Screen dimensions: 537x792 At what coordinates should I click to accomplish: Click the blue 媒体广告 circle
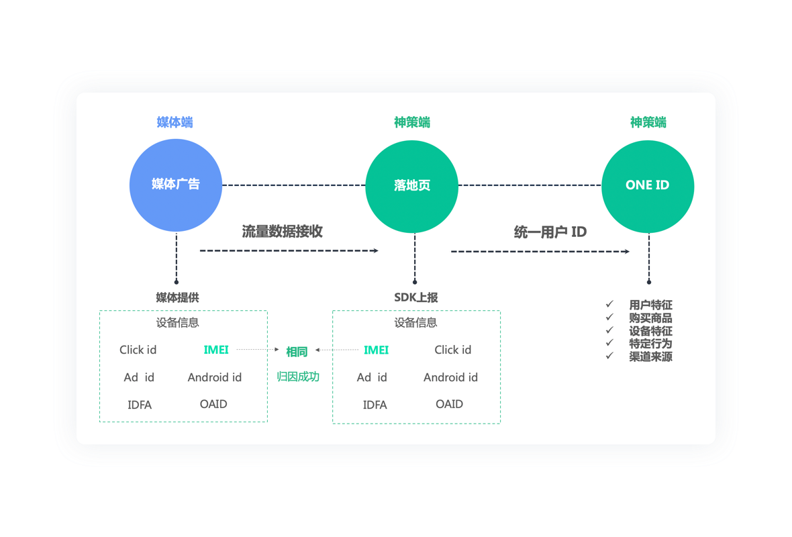[175, 185]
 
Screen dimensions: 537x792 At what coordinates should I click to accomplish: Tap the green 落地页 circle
[411, 186]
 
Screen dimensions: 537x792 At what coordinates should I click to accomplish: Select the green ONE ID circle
[648, 186]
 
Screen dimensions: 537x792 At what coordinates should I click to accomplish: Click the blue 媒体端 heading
[175, 122]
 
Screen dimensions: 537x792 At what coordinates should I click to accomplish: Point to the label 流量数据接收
[283, 232]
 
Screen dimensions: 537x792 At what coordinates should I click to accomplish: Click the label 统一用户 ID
[550, 232]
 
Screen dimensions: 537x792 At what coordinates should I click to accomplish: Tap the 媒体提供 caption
[177, 297]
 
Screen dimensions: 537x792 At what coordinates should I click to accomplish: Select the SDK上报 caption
[416, 297]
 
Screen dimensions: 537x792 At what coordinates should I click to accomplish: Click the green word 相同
[297, 352]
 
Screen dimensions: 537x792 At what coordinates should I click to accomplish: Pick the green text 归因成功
[298, 377]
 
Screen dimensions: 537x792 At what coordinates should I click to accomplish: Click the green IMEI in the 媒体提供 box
[216, 350]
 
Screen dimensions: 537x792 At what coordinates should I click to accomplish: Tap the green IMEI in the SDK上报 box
[376, 350]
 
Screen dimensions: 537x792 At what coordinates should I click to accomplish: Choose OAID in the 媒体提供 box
[213, 404]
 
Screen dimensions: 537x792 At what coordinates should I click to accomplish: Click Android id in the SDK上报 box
[450, 377]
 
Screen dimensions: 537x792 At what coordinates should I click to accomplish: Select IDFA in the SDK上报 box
[375, 405]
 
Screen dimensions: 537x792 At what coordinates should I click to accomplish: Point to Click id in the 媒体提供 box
[138, 350]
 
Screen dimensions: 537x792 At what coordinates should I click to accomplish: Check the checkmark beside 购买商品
[609, 318]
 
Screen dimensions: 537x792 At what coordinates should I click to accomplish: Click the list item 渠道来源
[650, 356]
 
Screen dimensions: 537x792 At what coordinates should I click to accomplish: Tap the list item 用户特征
[650, 305]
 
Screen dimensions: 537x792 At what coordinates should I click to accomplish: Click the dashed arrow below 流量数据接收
[289, 251]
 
